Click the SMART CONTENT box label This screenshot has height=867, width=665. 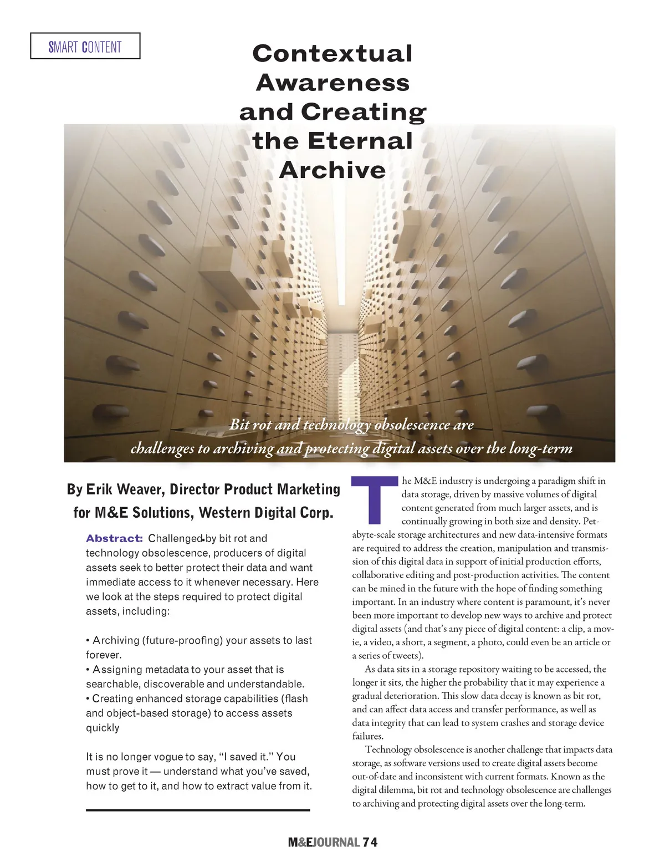(x=85, y=47)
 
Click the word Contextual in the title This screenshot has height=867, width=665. (x=332, y=54)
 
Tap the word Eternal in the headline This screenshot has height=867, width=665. (x=360, y=141)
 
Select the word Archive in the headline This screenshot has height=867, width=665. (x=332, y=170)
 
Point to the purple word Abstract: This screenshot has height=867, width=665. (x=114, y=539)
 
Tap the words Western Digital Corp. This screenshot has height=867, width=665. (x=266, y=513)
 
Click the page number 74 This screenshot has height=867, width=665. (x=370, y=843)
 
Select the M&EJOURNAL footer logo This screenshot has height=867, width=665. (x=324, y=843)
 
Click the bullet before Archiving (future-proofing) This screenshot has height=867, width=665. (x=88, y=641)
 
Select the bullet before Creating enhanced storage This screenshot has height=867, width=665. (x=88, y=699)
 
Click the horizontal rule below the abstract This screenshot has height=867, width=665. (x=198, y=810)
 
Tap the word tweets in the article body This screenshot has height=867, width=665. (x=404, y=656)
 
